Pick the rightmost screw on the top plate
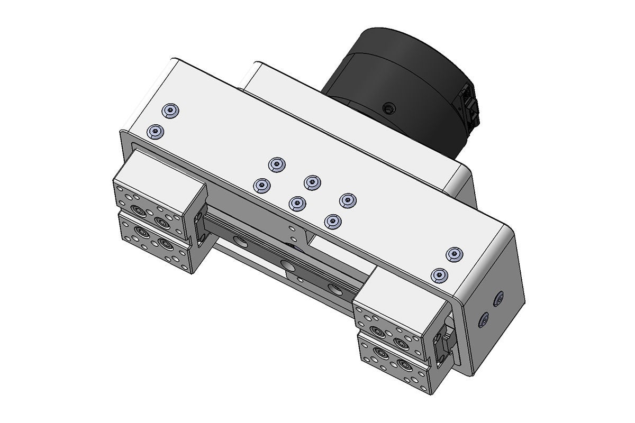(453, 254)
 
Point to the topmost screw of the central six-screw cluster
(276, 164)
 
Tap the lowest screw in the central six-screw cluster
(332, 220)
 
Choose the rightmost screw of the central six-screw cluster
(347, 200)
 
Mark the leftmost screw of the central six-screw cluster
(261, 185)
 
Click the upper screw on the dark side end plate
(498, 299)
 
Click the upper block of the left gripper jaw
(159, 190)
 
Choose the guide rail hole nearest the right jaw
(335, 288)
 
